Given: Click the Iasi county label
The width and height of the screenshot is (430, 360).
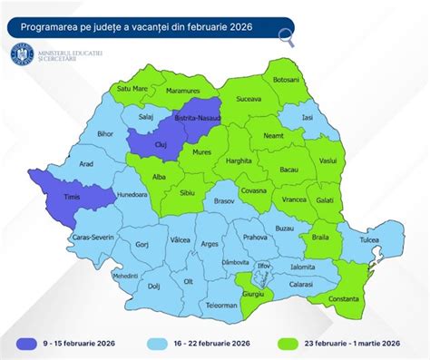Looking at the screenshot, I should coord(308,117).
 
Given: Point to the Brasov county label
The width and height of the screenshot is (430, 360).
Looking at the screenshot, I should coord(224,202).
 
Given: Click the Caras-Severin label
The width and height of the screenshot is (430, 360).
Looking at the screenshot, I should coord(91,238).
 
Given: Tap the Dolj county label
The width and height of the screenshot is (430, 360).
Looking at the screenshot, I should coord(153,286).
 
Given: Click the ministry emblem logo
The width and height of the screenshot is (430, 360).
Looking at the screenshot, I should coord(20,56).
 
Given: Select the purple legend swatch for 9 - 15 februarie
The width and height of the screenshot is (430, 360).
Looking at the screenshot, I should coord(29,344).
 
